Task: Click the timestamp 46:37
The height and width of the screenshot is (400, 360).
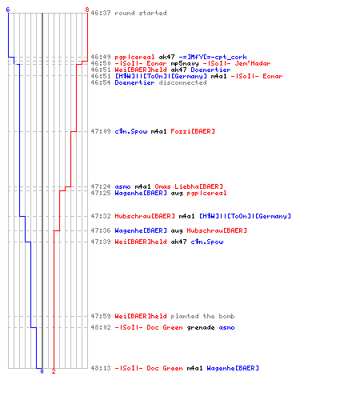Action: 101,13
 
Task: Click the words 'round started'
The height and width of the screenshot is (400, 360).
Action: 141,13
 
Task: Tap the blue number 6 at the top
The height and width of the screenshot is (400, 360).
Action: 8,10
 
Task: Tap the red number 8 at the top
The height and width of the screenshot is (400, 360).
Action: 87,10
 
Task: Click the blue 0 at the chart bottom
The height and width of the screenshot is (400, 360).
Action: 42,371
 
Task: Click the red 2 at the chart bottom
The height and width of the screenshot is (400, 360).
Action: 54,371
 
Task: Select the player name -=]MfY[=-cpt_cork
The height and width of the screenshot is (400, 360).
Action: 213,57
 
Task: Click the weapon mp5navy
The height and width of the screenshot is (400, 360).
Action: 185,63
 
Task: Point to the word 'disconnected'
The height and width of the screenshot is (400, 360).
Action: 182,82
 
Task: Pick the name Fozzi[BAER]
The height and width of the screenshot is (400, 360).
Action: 193,131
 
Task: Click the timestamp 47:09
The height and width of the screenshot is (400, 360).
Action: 101,131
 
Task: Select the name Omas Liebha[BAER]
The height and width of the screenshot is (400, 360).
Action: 189,186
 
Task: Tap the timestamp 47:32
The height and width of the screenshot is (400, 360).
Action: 101,216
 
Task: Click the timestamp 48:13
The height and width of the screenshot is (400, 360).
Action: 101,368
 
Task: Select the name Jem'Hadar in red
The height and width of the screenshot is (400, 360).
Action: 253,63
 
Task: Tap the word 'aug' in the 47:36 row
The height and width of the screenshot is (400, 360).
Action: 177,230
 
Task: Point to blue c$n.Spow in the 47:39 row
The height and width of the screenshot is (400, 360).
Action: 207,242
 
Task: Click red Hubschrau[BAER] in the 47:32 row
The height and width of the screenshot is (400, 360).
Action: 145,216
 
